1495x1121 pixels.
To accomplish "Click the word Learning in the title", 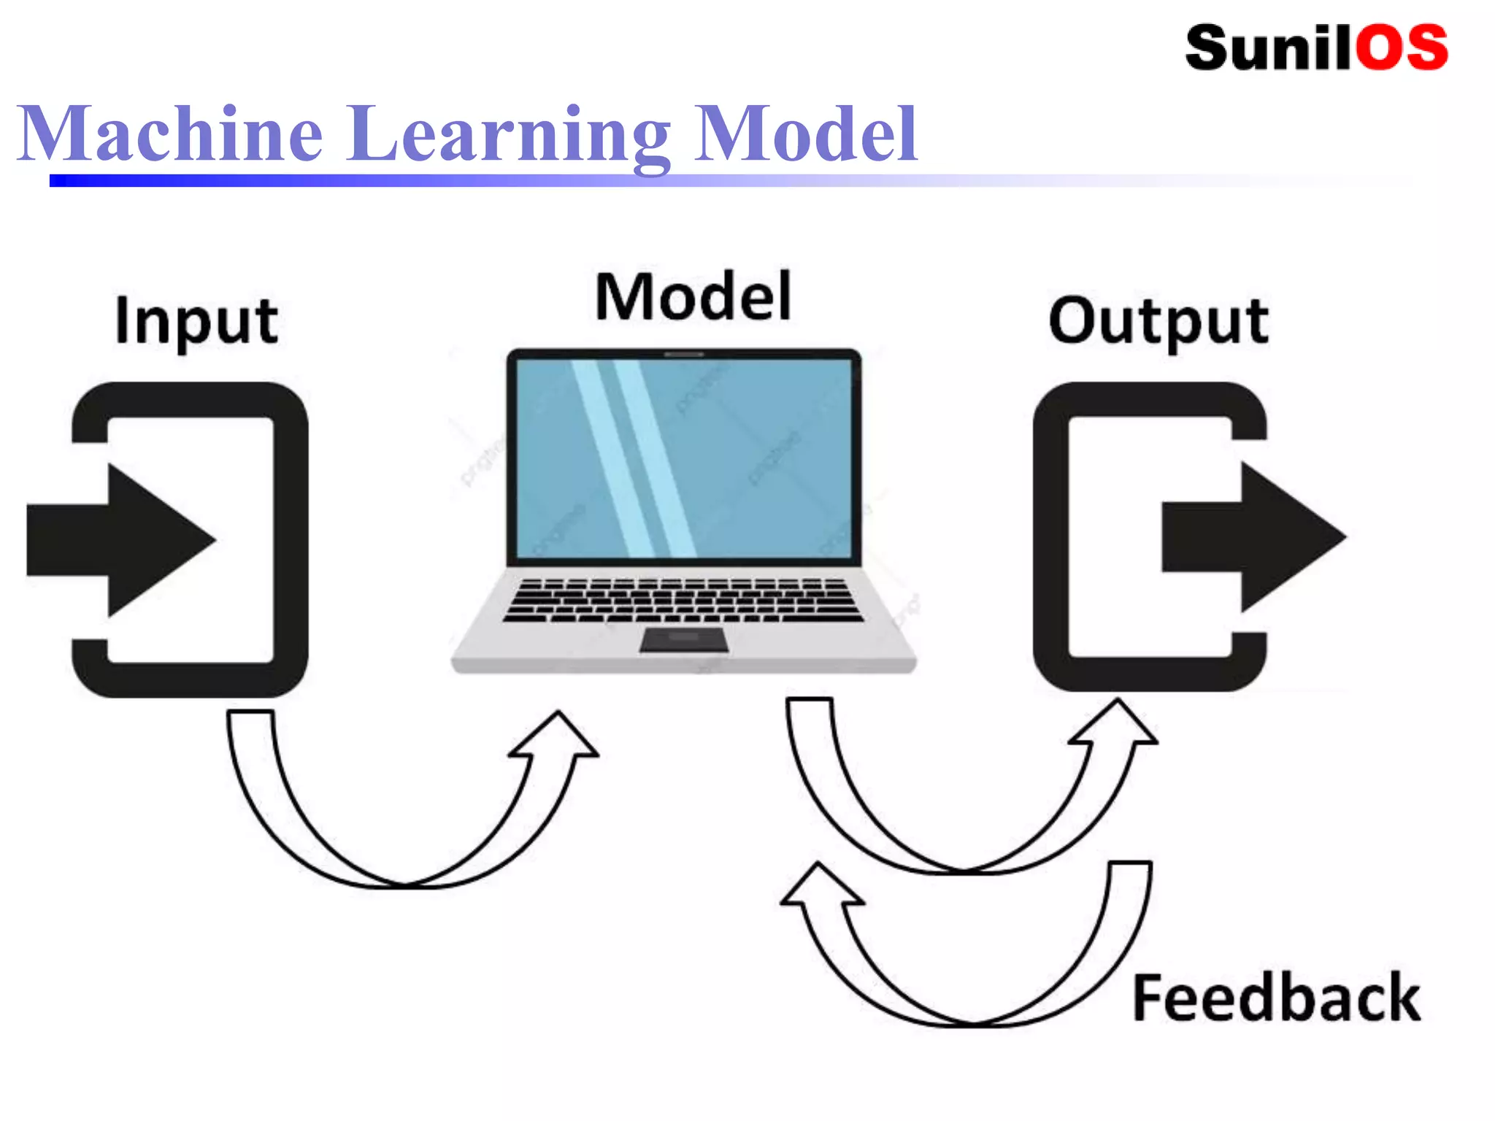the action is point(508,135).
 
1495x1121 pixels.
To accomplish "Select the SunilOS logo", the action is point(1316,48).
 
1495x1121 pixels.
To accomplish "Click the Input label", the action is point(196,320).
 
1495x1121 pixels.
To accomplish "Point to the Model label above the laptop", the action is point(693,296).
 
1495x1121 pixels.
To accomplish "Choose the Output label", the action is point(1158,320).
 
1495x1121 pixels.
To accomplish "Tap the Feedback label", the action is point(1276,998).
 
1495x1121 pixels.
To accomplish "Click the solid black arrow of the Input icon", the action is point(124,539).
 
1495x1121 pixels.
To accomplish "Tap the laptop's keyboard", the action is point(683,600).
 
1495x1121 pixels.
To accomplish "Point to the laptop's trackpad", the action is point(684,639).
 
